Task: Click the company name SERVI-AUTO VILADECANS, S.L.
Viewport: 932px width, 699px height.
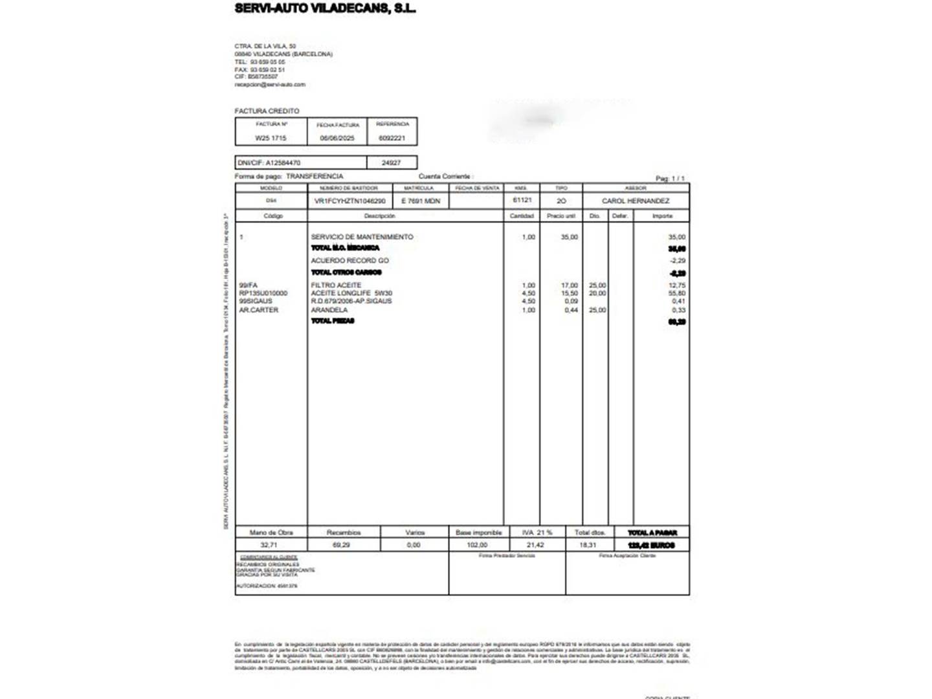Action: point(325,8)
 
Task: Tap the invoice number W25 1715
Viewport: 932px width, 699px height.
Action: point(271,138)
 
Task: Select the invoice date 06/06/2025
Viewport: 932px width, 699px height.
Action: point(337,138)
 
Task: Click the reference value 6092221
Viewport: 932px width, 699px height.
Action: point(392,138)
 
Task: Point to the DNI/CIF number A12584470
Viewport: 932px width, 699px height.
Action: point(283,162)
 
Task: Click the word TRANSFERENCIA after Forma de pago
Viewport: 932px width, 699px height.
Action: point(315,176)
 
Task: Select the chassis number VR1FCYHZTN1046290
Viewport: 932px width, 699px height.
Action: point(349,201)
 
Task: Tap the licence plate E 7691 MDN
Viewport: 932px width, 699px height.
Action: point(421,201)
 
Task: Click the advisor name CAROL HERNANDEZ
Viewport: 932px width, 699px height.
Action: point(636,201)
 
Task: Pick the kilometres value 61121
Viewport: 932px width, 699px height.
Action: point(522,200)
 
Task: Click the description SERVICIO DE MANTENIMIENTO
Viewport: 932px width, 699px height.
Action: point(362,237)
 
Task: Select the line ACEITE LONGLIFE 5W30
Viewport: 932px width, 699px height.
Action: point(351,293)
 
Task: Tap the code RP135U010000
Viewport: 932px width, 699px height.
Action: point(263,293)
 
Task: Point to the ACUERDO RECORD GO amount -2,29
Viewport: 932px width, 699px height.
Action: point(677,261)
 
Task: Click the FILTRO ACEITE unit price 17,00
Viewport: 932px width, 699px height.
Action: point(569,285)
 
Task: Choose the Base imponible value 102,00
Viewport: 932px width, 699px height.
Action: point(477,545)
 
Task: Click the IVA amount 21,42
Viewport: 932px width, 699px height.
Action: point(535,545)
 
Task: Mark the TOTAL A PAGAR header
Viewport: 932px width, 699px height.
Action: point(652,533)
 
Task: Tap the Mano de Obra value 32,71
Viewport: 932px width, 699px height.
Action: point(269,545)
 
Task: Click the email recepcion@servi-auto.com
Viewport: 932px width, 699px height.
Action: point(270,84)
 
